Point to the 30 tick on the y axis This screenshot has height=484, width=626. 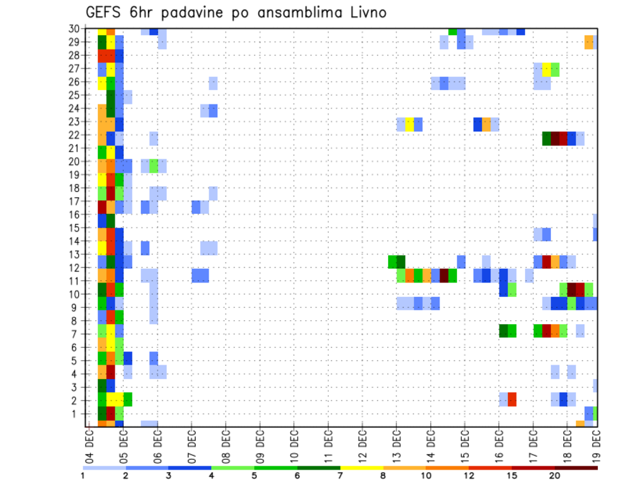pyautogui.click(x=75, y=29)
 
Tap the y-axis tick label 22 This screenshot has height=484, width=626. pyautogui.click(x=75, y=136)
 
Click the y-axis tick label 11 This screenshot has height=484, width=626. pyautogui.click(x=75, y=281)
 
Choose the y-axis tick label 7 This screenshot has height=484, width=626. pyautogui.click(x=78, y=335)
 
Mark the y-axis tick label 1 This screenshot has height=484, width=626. pyautogui.click(x=78, y=414)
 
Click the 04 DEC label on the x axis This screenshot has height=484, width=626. pyautogui.click(x=89, y=445)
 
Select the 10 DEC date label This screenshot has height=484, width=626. pyautogui.click(x=294, y=445)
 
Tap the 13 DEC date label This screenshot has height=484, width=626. pyautogui.click(x=396, y=445)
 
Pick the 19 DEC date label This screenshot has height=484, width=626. pyautogui.click(x=596, y=445)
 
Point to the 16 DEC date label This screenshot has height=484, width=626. pyautogui.click(x=499, y=445)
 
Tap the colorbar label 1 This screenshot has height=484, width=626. pyautogui.click(x=83, y=476)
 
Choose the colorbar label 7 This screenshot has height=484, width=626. pyautogui.click(x=340, y=476)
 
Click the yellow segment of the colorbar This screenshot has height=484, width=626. pyautogui.click(x=362, y=468)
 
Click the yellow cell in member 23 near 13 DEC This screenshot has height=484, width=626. pyautogui.click(x=410, y=124)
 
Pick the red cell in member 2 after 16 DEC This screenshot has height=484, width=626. pyautogui.click(x=512, y=399)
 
